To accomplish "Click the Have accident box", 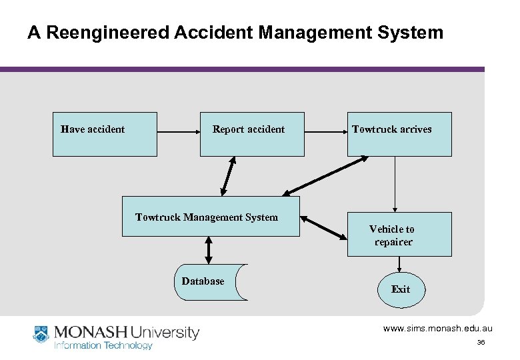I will [105, 134].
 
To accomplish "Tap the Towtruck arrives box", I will [399, 134].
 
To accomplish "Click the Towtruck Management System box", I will [211, 217].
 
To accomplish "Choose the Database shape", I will [209, 282].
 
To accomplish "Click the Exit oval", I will [400, 289].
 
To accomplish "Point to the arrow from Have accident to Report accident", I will [178, 133].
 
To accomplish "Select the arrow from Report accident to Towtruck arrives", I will [325, 133].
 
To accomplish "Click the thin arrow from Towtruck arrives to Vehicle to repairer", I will [395, 184].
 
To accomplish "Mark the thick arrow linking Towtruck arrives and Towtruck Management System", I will [325, 176].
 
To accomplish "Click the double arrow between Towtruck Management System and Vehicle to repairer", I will [323, 227].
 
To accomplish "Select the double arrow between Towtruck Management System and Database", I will [209, 250].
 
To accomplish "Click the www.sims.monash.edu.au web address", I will [437, 329].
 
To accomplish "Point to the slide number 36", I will [480, 343].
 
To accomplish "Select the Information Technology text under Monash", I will [103, 345].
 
